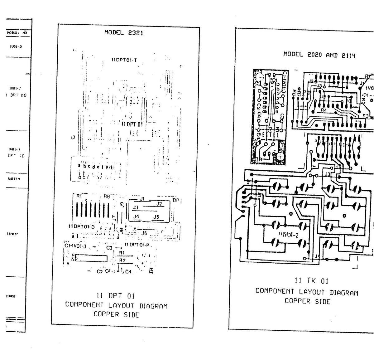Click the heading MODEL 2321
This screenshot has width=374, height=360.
pos(124,32)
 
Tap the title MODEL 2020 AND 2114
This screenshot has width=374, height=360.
pos(319,55)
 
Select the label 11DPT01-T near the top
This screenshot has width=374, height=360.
pos(124,60)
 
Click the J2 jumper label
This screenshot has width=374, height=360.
pos(159,204)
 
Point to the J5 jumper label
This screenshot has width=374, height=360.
pos(156,217)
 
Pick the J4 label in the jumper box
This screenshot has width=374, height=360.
pos(136,216)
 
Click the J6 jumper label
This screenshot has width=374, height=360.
pos(144,233)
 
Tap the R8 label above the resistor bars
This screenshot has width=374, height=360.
pos(107,197)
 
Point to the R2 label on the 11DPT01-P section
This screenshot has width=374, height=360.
pos(122,260)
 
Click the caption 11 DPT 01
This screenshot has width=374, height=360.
pos(115,295)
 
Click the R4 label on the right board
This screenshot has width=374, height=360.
pos(324,110)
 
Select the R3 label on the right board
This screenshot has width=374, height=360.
pos(366,116)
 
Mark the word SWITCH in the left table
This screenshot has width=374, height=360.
pos(14,179)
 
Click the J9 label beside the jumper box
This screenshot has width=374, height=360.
pos(122,205)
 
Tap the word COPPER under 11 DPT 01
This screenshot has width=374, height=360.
pos(106,314)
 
